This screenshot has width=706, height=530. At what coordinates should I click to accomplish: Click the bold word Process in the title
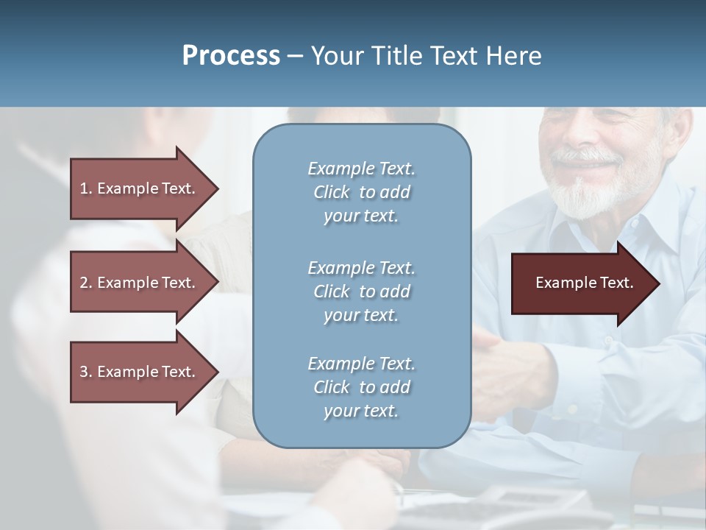tap(231, 56)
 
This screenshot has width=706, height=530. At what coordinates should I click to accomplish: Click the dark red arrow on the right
tap(584, 283)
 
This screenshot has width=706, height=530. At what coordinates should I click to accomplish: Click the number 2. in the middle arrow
tap(86, 283)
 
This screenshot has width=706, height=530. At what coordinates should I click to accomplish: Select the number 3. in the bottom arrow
tap(86, 372)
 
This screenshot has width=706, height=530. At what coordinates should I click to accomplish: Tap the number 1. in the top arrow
tap(86, 188)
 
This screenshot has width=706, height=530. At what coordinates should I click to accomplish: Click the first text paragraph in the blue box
tap(361, 192)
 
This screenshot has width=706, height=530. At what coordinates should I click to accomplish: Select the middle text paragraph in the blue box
tap(361, 291)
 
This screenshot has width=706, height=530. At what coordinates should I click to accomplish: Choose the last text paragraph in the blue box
tap(361, 387)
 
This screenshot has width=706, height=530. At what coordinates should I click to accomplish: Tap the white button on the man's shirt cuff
tap(572, 409)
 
